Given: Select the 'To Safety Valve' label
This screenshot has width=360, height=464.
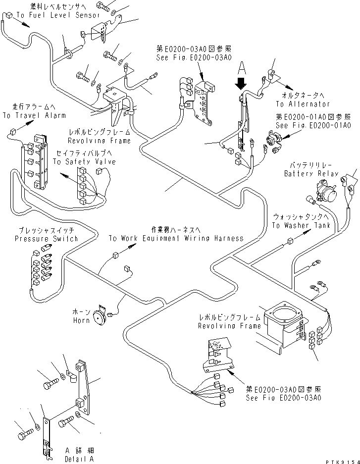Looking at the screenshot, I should tap(84, 161).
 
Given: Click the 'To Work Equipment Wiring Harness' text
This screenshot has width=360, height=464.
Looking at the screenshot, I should tap(176, 238).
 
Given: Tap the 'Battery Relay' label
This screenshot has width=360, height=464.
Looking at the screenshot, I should tap(311, 174).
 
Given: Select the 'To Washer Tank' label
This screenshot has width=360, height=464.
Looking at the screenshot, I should tap(300, 225).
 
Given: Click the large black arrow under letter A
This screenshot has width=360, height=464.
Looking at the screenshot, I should tap(241, 82).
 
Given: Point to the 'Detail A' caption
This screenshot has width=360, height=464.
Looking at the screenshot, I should tap(81, 459).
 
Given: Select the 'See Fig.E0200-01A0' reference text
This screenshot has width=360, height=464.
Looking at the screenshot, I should tap(313, 126).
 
